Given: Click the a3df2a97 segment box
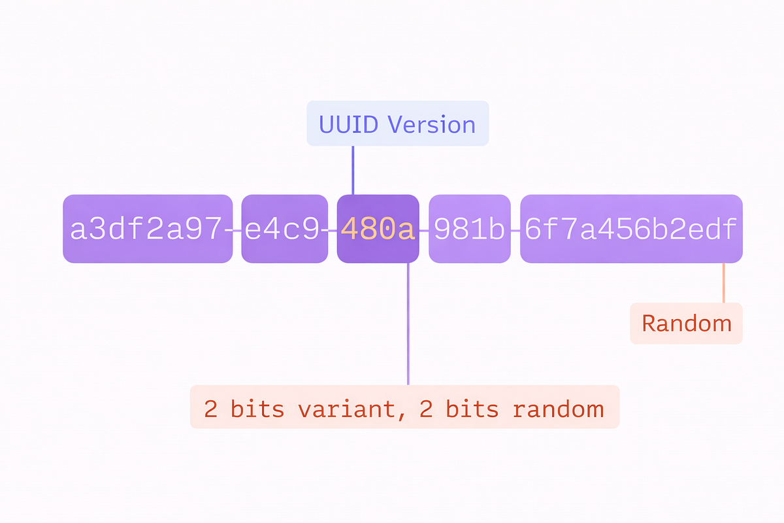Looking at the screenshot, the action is click(148, 229).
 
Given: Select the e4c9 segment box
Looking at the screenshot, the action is click(285, 229).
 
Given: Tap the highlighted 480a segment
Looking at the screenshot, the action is click(378, 229).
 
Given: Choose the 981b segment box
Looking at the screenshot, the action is click(470, 229).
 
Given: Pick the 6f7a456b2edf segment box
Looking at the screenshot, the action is click(631, 229).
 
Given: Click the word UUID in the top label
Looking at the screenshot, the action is click(349, 124).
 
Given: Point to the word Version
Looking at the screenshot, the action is click(432, 124).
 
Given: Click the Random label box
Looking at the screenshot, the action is click(687, 324).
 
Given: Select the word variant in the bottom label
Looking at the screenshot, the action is click(347, 409).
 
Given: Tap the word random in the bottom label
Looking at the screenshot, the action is click(559, 409).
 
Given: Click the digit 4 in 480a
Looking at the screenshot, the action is click(350, 229).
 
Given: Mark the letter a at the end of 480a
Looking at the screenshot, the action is click(406, 231).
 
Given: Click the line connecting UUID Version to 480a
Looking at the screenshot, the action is click(353, 170).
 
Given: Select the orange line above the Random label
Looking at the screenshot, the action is click(724, 282).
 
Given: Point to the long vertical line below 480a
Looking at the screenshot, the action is click(408, 324).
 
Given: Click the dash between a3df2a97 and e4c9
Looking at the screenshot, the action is click(233, 231).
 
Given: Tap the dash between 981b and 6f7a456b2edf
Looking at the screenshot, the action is click(515, 231).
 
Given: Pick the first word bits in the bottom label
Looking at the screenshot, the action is click(257, 409).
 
